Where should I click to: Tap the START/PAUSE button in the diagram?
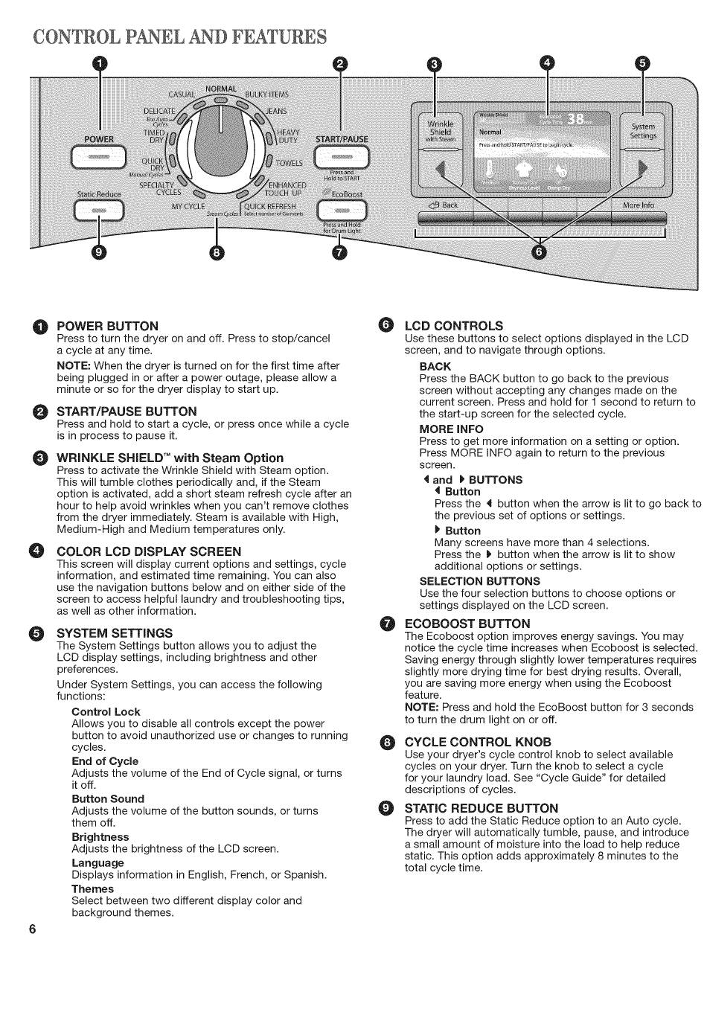[342, 158]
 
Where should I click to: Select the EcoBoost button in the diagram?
[342, 211]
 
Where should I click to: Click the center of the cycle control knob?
[220, 141]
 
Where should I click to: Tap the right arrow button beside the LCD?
[642, 170]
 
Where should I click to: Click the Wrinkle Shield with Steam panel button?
[441, 131]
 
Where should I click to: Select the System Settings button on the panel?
[643, 131]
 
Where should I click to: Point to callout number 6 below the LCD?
[540, 253]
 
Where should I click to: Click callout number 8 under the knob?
[216, 253]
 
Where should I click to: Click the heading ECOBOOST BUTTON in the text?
[467, 624]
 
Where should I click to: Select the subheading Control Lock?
[106, 711]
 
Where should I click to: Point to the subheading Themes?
[92, 888]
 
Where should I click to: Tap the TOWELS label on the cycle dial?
[289, 164]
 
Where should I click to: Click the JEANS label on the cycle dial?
[277, 111]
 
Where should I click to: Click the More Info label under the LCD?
[638, 205]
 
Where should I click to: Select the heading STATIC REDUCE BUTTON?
[481, 808]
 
